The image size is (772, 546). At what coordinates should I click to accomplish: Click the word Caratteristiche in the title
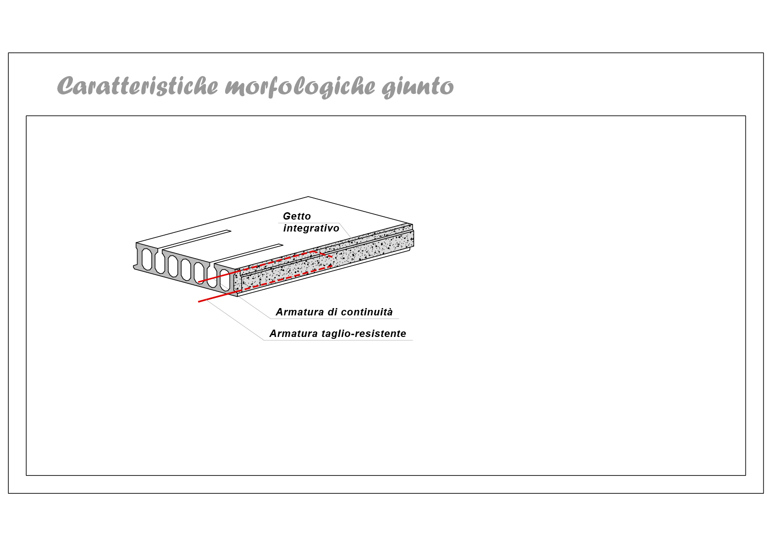point(138,86)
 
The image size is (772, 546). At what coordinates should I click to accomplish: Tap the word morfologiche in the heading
point(300,87)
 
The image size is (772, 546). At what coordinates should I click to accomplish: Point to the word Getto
point(297,216)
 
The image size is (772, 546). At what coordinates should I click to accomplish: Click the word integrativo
point(311,228)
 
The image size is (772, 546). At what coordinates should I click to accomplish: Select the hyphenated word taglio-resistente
point(364,334)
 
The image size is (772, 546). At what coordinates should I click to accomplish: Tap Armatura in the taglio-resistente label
point(293,334)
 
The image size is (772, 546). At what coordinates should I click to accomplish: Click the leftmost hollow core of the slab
point(147,259)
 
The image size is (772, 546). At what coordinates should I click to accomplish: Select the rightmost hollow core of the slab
point(225,280)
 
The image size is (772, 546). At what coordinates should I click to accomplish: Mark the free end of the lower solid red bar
point(199,302)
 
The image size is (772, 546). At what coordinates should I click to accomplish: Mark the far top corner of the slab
point(308,197)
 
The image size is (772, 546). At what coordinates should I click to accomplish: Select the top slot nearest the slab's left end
point(197,239)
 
